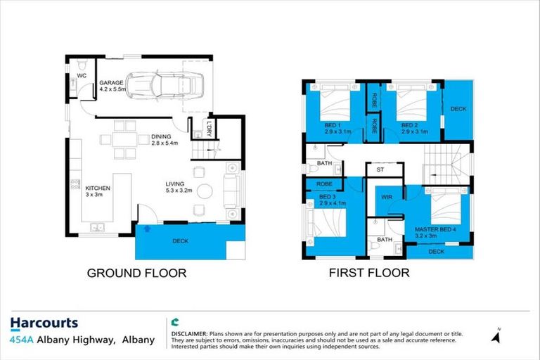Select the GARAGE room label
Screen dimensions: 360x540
[x=110, y=82]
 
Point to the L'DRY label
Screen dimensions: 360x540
[x=210, y=127]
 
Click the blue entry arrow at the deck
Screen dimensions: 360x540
[x=146, y=228]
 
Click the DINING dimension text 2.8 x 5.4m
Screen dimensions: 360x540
[x=165, y=143]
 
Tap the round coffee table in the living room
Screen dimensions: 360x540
[x=205, y=191]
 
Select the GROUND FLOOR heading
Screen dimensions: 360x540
[x=136, y=273]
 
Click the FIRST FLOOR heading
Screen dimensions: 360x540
[x=368, y=273]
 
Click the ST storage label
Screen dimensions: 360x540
[x=380, y=169]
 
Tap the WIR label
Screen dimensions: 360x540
[x=386, y=198]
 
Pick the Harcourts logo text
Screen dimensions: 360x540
[x=44, y=323]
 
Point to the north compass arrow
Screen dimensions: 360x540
[x=497, y=337]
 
